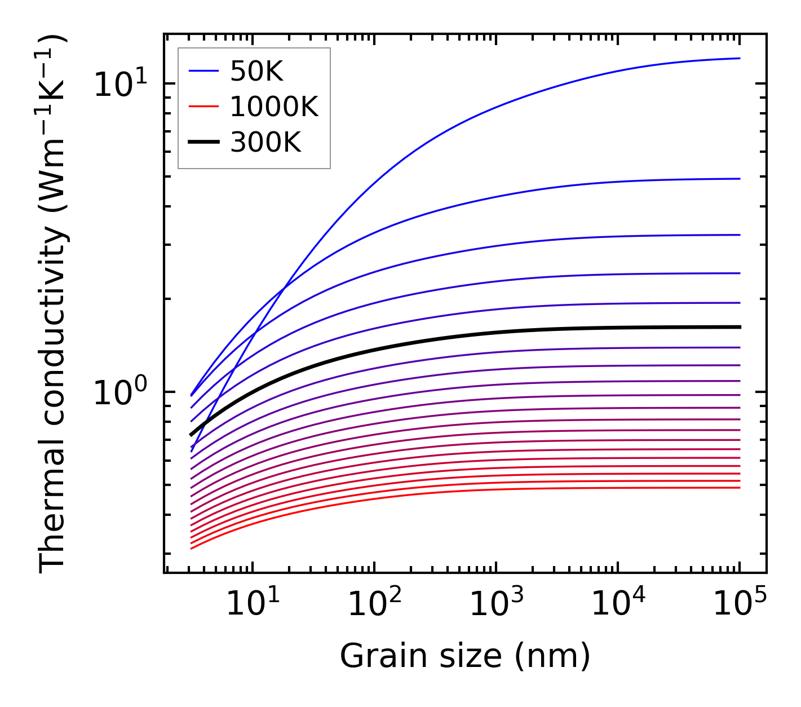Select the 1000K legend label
click(274, 107)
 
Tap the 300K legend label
click(265, 143)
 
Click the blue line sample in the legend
click(203, 71)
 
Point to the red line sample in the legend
click(203, 107)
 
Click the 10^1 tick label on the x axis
click(252, 604)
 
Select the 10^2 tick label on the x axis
click(374, 604)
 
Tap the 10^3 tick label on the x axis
click(496, 604)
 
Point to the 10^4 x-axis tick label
click(618, 604)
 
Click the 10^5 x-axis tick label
click(740, 604)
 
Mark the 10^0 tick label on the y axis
click(120, 392)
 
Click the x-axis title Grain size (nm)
click(465, 656)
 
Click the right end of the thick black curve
click(739, 327)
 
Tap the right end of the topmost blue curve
click(739, 58)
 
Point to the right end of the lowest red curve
click(739, 488)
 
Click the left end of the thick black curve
click(192, 435)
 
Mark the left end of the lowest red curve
click(192, 549)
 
